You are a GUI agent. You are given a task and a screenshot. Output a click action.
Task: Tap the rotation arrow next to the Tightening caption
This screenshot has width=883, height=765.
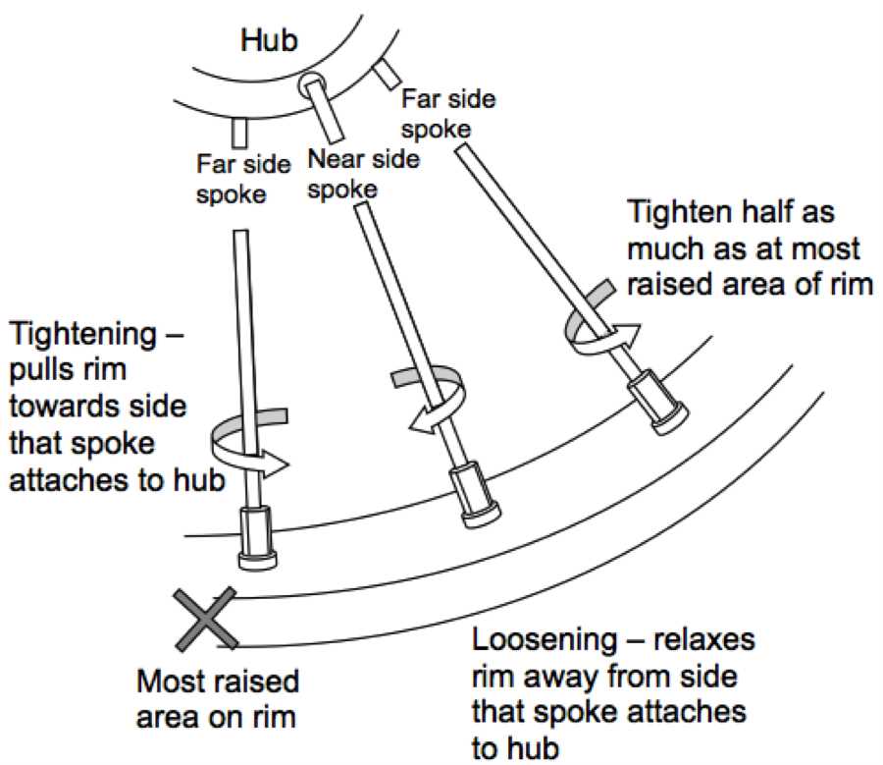[x=250, y=443]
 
